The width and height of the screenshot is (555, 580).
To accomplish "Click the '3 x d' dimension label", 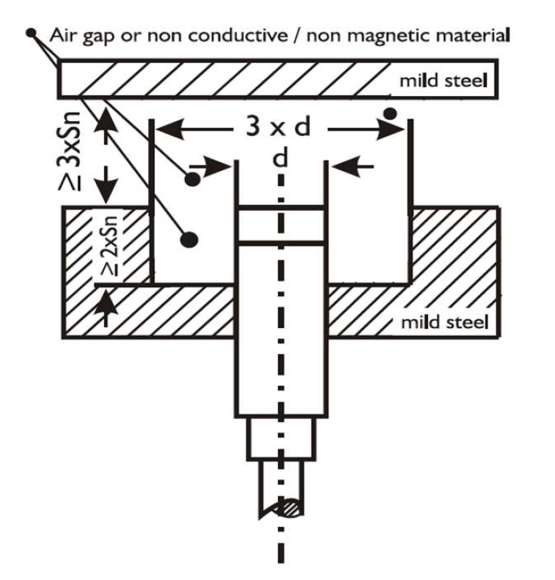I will point(278,127).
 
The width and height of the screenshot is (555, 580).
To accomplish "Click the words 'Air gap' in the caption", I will point(78,35).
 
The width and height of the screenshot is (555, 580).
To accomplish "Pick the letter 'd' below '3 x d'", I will point(280,159).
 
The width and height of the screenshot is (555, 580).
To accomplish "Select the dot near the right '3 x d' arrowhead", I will point(390,114).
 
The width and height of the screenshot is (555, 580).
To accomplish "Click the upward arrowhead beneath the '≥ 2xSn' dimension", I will point(108,300).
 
